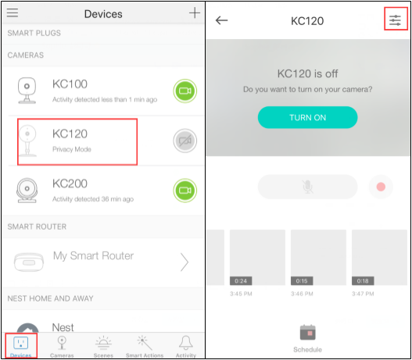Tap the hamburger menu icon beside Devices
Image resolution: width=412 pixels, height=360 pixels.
pos(13,12)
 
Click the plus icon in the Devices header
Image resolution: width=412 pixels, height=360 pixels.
pos(195,12)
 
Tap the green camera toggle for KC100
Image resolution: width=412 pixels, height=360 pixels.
pos(185,91)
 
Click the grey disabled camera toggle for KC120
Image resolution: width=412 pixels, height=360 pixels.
pos(185,141)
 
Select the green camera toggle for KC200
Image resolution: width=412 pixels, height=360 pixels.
pos(185,191)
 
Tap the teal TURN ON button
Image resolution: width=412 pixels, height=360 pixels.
pos(307,117)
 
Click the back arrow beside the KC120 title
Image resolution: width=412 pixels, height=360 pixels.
pos(221,20)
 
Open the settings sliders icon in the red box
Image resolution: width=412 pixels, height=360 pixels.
pos(395,20)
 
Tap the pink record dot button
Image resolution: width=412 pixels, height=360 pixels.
pos(381,187)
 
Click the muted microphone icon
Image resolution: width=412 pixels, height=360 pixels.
pos(307,187)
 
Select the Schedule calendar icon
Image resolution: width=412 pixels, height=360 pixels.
pos(307,332)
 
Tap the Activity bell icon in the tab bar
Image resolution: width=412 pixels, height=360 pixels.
pos(186,343)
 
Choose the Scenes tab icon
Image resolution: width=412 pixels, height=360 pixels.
pos(103,343)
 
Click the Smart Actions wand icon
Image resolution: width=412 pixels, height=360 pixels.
pos(145,343)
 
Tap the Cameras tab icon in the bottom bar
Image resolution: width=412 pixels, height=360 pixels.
pos(62,343)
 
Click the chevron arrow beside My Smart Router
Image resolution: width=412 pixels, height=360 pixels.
pos(185,262)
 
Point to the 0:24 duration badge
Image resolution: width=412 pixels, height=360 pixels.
pos(241,281)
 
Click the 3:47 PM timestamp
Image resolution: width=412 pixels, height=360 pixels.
pos(363,294)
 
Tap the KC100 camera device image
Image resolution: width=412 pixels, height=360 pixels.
pos(27,91)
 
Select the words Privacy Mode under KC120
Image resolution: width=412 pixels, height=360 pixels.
pos(72,149)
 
